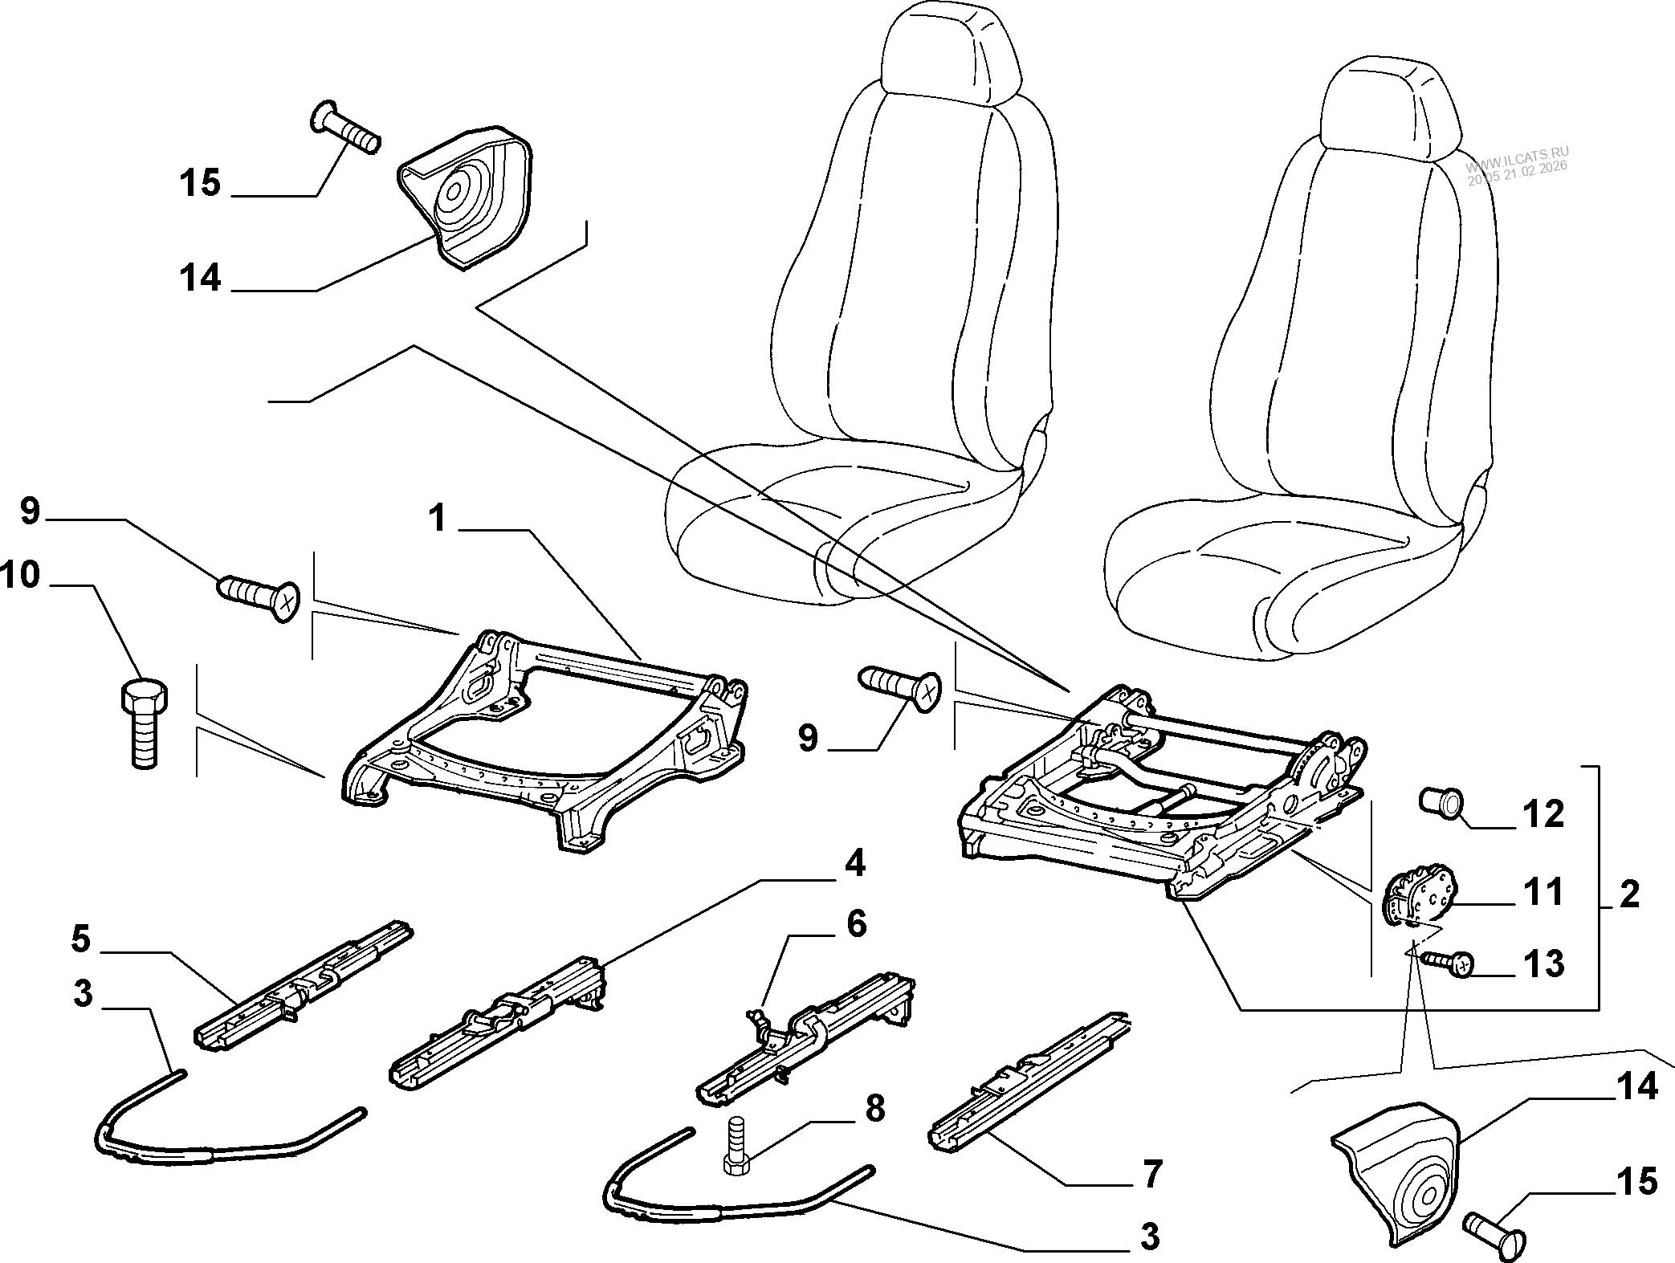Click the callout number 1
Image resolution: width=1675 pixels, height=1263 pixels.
pos(437,519)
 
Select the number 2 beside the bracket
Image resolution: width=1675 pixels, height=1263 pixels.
pos(1628,894)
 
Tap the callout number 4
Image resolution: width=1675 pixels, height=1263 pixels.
pos(854,864)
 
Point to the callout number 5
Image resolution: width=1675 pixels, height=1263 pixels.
pos(80,939)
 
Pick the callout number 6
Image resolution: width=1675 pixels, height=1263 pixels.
pos(857,924)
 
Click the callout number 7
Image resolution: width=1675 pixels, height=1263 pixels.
pos(1151,1174)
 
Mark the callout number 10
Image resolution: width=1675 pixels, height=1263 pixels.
pos(20,575)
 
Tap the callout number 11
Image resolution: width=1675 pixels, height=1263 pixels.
pos(1543,892)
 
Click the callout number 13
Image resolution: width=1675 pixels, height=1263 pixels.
pos(1543,964)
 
